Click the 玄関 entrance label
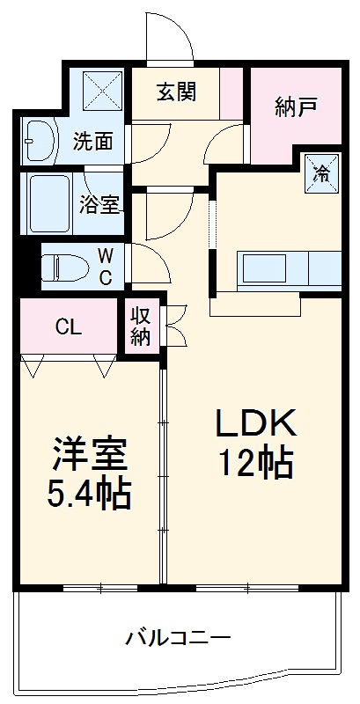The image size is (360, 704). pos(176,92)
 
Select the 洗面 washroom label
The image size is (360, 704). pos(92,142)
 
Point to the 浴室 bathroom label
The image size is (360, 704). pos(99,204)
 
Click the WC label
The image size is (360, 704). pos(105,267)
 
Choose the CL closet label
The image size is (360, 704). pos(69,328)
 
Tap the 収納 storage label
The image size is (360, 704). pos(141,326)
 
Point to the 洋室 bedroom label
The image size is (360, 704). pos(88,455)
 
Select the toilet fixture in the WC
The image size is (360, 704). pos(62,267)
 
